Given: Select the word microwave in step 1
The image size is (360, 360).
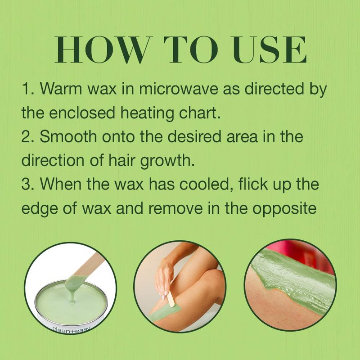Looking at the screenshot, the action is [x=178, y=88].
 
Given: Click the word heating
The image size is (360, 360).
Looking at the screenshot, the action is [x=147, y=113].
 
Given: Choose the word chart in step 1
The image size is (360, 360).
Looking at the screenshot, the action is [x=200, y=113].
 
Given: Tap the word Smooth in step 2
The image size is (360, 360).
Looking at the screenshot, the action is [x=68, y=137].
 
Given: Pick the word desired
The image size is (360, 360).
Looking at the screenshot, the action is [x=194, y=137].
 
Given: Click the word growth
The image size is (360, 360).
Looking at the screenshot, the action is [x=167, y=161].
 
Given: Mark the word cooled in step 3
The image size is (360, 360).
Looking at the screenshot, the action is [x=208, y=184].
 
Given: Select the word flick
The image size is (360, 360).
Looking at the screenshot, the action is [x=253, y=184].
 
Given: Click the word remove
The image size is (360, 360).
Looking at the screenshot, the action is [x=175, y=209].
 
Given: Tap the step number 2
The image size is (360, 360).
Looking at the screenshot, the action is [x=26, y=137].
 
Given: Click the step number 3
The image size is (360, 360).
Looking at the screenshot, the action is [x=26, y=184].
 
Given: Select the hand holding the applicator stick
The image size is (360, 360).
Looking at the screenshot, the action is [x=165, y=278].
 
